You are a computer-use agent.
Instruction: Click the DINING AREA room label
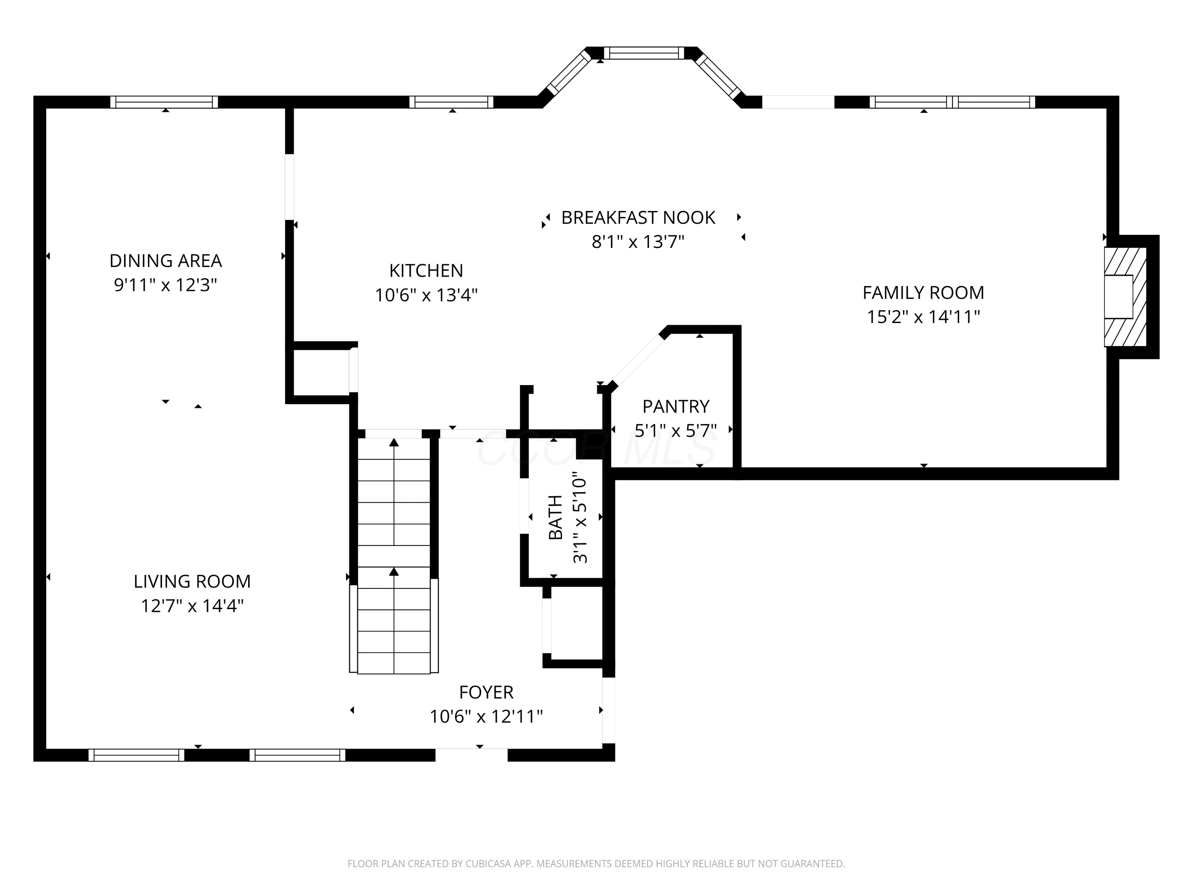[x=165, y=261]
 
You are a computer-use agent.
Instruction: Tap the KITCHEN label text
[x=426, y=271]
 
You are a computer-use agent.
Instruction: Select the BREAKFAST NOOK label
[x=638, y=218]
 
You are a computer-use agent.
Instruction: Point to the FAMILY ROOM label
[x=923, y=292]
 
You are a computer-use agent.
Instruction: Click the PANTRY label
[x=676, y=406]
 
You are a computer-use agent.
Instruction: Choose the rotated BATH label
[x=556, y=517]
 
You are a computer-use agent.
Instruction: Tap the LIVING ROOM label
[x=192, y=581]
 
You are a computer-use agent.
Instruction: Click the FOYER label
[x=486, y=692]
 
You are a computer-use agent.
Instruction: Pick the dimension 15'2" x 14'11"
[x=923, y=316]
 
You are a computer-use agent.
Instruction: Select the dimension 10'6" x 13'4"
[x=426, y=295]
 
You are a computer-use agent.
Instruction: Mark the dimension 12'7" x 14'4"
[x=192, y=606]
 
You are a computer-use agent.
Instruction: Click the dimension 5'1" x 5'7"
[x=676, y=431]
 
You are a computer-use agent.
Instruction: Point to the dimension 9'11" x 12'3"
[x=165, y=284]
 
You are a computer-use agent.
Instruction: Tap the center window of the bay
[x=643, y=53]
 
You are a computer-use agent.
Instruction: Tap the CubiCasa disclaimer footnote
[x=596, y=864]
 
